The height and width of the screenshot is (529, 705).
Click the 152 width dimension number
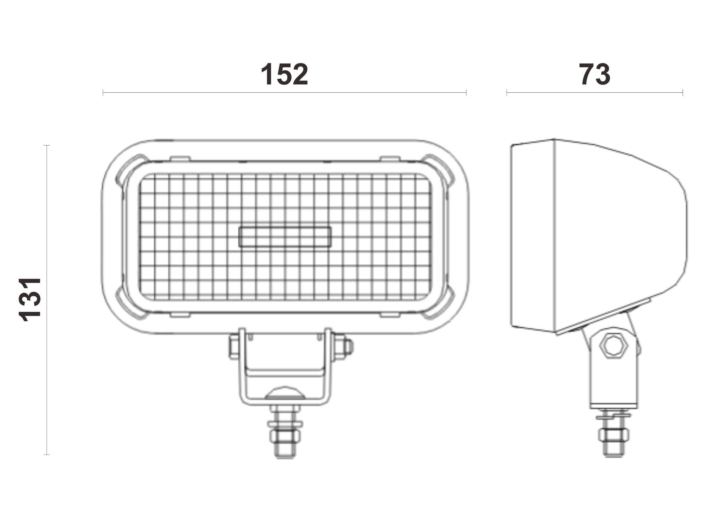pyautogui.click(x=284, y=74)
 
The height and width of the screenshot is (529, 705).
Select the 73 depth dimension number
pyautogui.click(x=594, y=74)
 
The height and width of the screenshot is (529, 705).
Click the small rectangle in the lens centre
pyautogui.click(x=285, y=237)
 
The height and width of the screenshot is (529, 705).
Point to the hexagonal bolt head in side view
pyautogui.click(x=613, y=346)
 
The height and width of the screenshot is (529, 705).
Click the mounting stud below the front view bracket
pyautogui.click(x=285, y=432)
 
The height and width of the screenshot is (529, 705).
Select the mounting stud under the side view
pyautogui.click(x=613, y=434)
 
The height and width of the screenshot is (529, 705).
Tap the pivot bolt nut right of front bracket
pyautogui.click(x=342, y=347)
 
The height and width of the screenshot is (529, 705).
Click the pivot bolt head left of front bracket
pyautogui.click(x=234, y=347)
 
